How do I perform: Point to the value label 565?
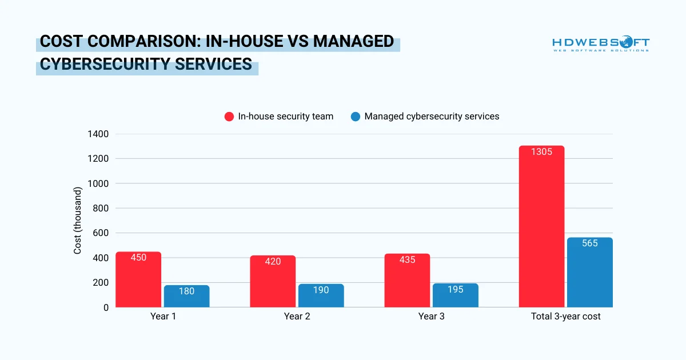point(589,243)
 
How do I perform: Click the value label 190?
point(321,290)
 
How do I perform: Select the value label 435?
point(407,260)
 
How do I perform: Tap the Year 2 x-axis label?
point(297,316)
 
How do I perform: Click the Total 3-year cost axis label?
point(565,316)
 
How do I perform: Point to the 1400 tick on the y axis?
point(98,134)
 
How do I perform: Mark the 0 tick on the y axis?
point(106,307)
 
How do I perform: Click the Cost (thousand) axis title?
point(78,221)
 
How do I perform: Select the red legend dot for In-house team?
point(229,117)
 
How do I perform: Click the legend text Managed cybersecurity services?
point(432,117)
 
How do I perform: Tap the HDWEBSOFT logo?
point(600,45)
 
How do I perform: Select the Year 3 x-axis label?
point(431,316)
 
